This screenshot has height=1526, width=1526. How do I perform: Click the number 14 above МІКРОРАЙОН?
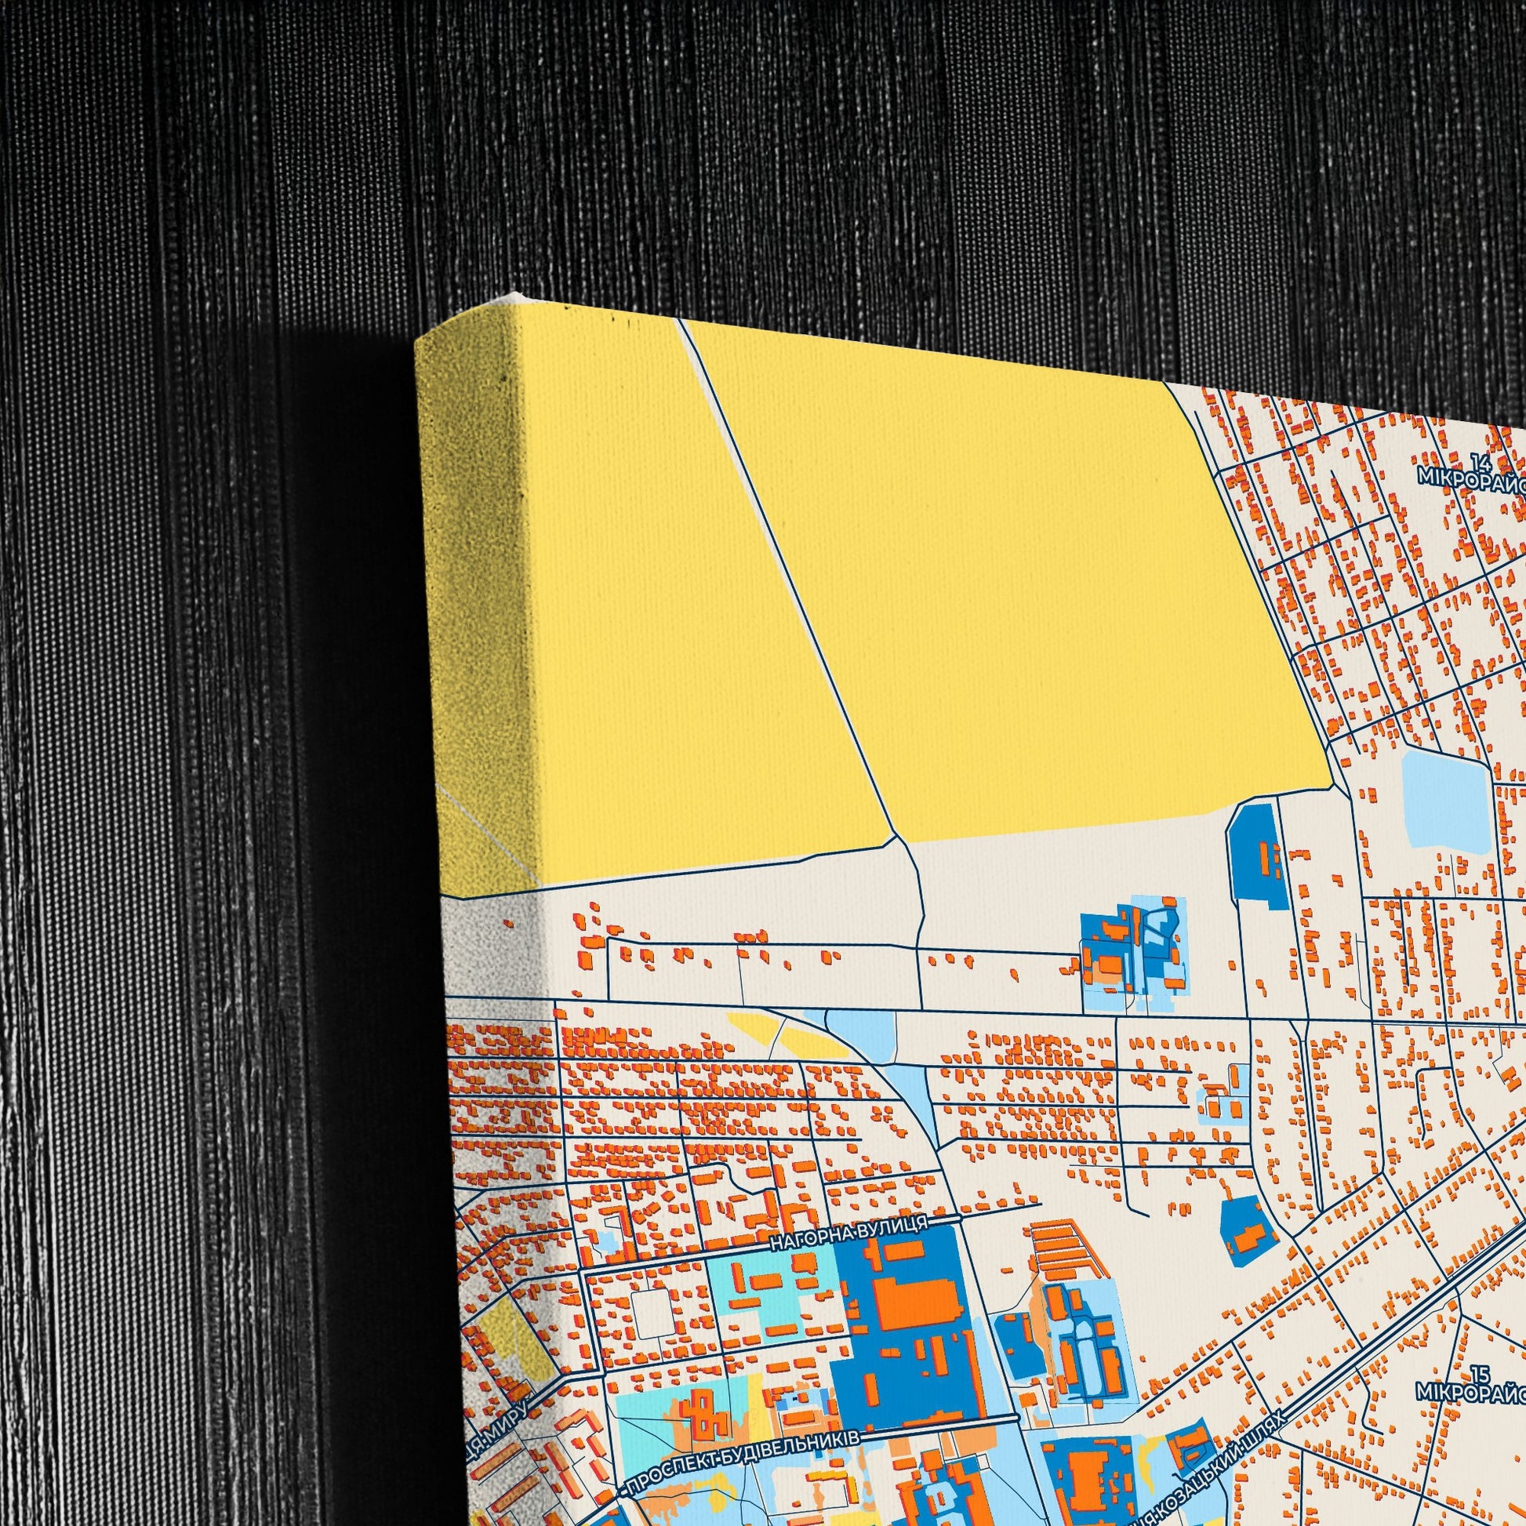[x=1480, y=461]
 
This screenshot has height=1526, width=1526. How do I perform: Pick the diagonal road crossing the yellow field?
[x=790, y=584]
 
